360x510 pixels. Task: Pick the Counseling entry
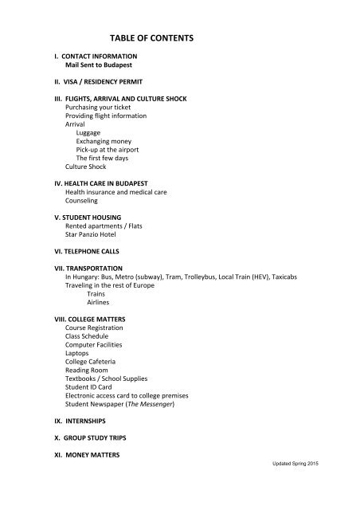click(x=82, y=202)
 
